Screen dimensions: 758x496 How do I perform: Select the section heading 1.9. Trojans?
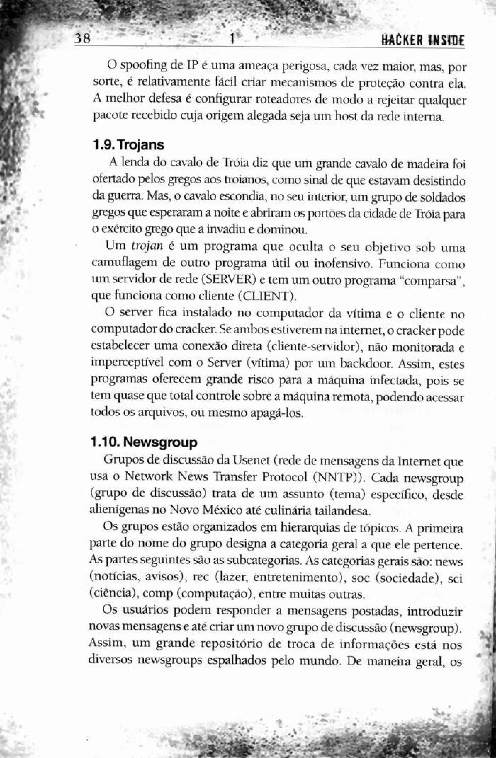point(128,145)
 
